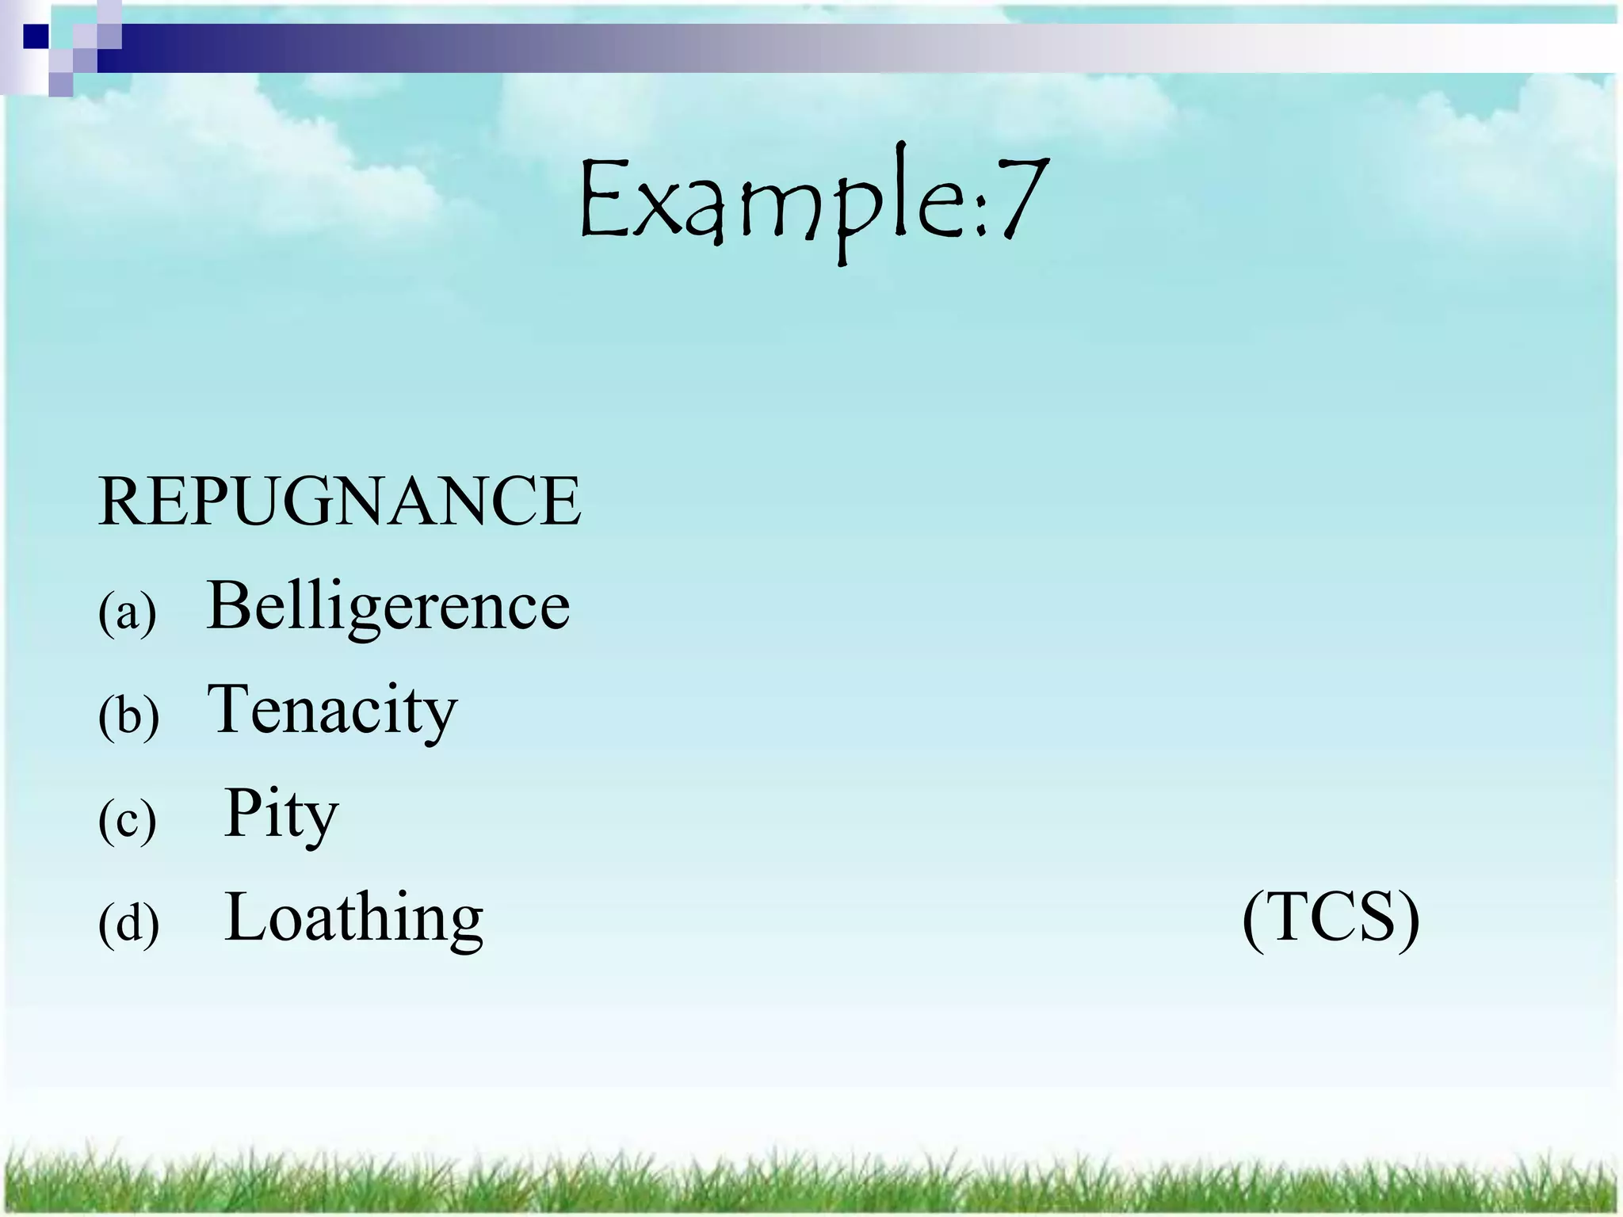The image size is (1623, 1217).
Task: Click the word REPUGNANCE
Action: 339,501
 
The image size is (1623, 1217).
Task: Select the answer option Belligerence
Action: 388,606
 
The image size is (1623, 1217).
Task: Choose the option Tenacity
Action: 332,710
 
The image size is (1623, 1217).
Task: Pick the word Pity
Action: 281,814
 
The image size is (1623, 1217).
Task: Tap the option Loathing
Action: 353,918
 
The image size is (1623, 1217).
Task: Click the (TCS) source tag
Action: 1331,918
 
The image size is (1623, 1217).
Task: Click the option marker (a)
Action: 127,612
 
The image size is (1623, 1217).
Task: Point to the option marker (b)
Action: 128,716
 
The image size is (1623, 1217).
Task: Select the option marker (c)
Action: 127,820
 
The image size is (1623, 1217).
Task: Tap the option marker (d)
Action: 128,924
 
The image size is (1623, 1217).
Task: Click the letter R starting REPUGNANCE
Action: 120,501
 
